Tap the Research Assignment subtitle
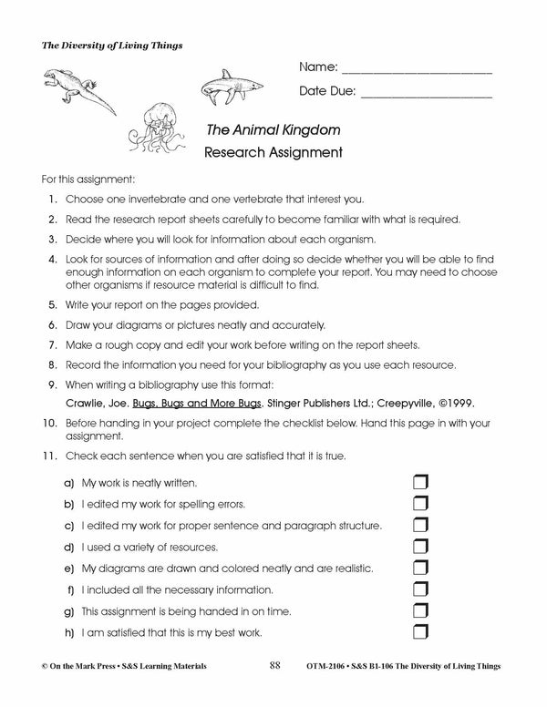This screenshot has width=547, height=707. click(x=273, y=152)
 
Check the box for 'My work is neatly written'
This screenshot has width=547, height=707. click(x=420, y=481)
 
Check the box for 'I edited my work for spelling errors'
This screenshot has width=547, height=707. click(x=420, y=503)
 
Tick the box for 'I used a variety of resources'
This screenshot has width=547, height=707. click(x=420, y=547)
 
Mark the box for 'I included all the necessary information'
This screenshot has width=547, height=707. click(x=420, y=589)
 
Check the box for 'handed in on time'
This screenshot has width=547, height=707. click(x=420, y=610)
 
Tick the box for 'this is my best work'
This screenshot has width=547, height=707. click(x=420, y=632)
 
